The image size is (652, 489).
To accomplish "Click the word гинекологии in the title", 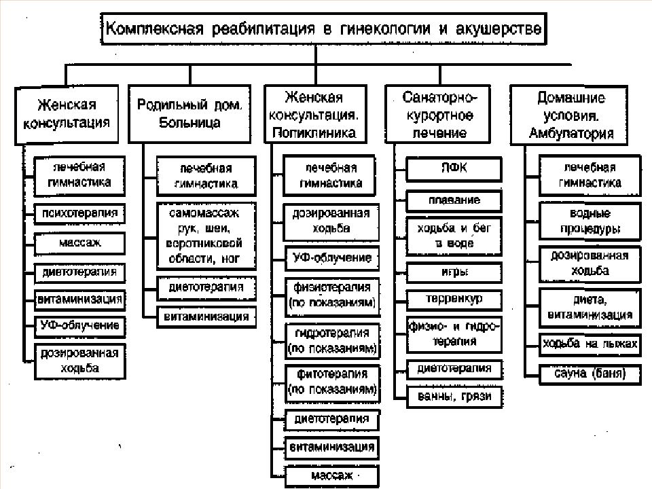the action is point(386,29).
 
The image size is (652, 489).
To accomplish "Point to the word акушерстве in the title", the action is point(499,29).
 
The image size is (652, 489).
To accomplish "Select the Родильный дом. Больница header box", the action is point(189,114).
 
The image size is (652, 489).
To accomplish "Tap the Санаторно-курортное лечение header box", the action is point(438,114).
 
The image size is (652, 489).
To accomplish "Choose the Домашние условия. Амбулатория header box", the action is point(569,115).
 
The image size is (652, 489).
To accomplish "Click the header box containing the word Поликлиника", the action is point(316,114).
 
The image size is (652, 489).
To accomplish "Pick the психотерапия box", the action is point(79,214).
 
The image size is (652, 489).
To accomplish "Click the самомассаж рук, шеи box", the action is point(206,236).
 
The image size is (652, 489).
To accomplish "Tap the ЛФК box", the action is point(454,169).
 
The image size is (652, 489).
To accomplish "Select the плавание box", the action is point(454,201).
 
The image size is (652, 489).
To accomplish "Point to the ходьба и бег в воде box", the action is point(454,236).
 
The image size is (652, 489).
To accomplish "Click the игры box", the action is point(454,273).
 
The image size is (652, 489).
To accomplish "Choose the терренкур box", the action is point(454,300).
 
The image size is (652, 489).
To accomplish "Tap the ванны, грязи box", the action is point(454,397).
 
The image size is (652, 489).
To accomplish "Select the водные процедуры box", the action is point(590,221).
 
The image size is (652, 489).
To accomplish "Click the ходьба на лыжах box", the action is point(590,344).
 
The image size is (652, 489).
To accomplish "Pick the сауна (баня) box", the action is point(590,374).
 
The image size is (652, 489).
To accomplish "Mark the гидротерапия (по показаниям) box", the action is point(332,341).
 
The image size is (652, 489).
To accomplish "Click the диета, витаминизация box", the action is point(590,308).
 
